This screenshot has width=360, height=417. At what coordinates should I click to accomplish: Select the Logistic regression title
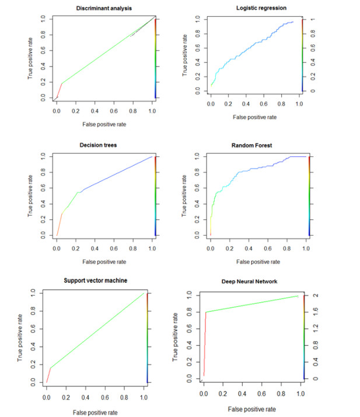pos(257,9)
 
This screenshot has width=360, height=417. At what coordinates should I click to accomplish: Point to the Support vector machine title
pos(95,281)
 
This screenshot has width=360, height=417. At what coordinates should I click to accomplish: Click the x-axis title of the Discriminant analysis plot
pos(103,124)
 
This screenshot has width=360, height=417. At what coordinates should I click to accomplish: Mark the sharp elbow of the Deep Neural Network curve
pos(205,312)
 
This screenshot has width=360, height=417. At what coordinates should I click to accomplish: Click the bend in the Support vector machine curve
pos(51,368)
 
